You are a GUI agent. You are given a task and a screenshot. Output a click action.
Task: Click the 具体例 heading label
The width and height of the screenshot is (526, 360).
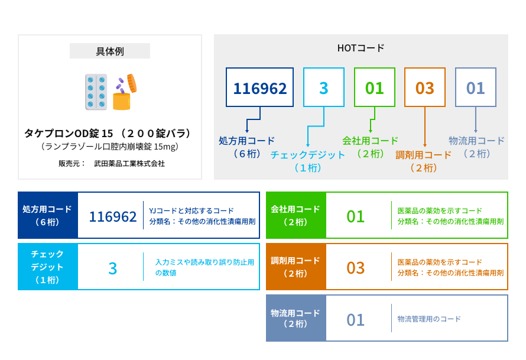(110, 51)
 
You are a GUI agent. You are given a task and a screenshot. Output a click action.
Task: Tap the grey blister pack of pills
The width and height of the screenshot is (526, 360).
(96, 92)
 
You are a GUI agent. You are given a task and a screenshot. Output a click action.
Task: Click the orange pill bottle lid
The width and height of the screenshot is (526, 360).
(131, 83)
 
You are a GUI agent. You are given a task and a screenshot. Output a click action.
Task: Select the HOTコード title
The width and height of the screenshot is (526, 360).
(361, 48)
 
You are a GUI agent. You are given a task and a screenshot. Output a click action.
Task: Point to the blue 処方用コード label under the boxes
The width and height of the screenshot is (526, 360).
(246, 141)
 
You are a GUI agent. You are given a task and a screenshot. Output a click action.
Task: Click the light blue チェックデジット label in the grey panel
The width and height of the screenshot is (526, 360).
(307, 155)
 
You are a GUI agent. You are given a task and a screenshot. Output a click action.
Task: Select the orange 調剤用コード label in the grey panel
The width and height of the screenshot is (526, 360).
(423, 155)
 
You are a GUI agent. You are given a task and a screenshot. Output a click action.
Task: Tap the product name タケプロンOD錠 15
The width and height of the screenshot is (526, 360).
(69, 134)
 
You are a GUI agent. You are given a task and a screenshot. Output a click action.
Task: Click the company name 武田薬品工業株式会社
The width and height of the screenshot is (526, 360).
(129, 163)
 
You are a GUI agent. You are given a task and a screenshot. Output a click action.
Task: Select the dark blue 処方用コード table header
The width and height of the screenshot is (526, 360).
(48, 215)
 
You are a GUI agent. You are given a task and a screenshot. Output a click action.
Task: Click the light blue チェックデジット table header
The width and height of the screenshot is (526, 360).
(48, 267)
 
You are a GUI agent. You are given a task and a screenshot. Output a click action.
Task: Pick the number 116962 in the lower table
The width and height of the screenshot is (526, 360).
(113, 217)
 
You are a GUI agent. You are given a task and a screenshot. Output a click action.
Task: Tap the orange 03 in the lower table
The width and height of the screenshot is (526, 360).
(356, 268)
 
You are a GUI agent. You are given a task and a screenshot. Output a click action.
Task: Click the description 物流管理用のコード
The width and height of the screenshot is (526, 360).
(429, 319)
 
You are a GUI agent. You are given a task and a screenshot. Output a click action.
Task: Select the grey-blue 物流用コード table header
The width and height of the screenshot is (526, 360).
(296, 318)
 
